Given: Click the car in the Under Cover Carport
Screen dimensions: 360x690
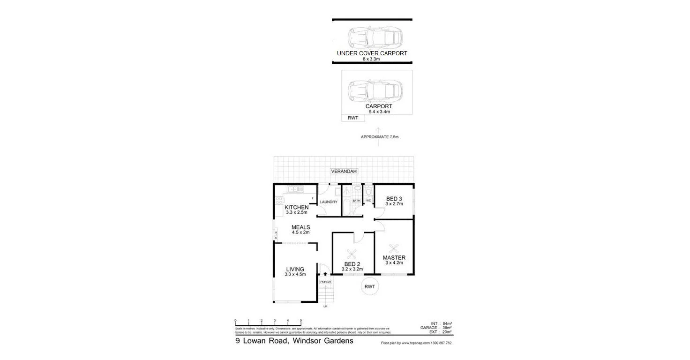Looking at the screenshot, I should click(375, 36).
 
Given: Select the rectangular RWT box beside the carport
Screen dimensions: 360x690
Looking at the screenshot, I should click(353, 118).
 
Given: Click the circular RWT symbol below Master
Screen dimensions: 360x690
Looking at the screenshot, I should click(370, 287).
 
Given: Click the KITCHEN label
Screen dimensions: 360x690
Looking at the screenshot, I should click(296, 208).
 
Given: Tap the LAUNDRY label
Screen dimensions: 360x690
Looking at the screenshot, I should click(329, 202).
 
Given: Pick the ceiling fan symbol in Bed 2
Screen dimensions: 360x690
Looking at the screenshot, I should click(352, 255).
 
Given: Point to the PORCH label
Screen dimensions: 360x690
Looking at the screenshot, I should click(325, 282).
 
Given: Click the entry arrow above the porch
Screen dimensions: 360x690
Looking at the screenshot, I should click(325, 273).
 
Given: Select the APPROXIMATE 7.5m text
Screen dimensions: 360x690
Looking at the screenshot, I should click(379, 137).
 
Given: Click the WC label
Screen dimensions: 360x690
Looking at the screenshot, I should click(368, 201).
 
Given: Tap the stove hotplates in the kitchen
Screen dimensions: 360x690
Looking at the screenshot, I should click(279, 202).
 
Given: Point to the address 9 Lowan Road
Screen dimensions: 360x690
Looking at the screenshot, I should click(294, 341).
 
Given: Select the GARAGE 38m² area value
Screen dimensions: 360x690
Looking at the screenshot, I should click(440, 328).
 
